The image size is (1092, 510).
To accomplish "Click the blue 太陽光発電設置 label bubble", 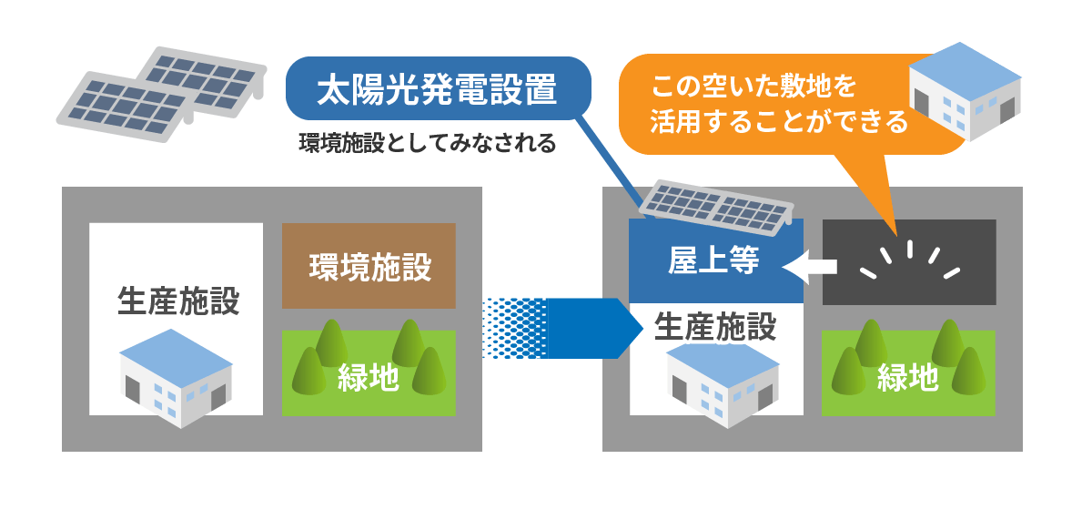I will tap(437, 90).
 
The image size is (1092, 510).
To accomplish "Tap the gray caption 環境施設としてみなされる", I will tap(427, 144).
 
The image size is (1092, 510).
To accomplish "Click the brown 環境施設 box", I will tap(369, 266).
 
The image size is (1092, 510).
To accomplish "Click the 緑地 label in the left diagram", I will tap(368, 376).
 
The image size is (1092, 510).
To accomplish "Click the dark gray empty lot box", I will tap(908, 262).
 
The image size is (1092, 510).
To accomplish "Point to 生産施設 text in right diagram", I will tap(715, 326).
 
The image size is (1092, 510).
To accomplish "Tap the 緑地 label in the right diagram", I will tap(907, 377).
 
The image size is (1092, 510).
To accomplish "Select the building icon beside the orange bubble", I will tap(965, 91).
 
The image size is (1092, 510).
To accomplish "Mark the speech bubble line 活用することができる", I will tap(779, 122).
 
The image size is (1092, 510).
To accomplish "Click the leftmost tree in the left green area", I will tap(309, 370).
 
